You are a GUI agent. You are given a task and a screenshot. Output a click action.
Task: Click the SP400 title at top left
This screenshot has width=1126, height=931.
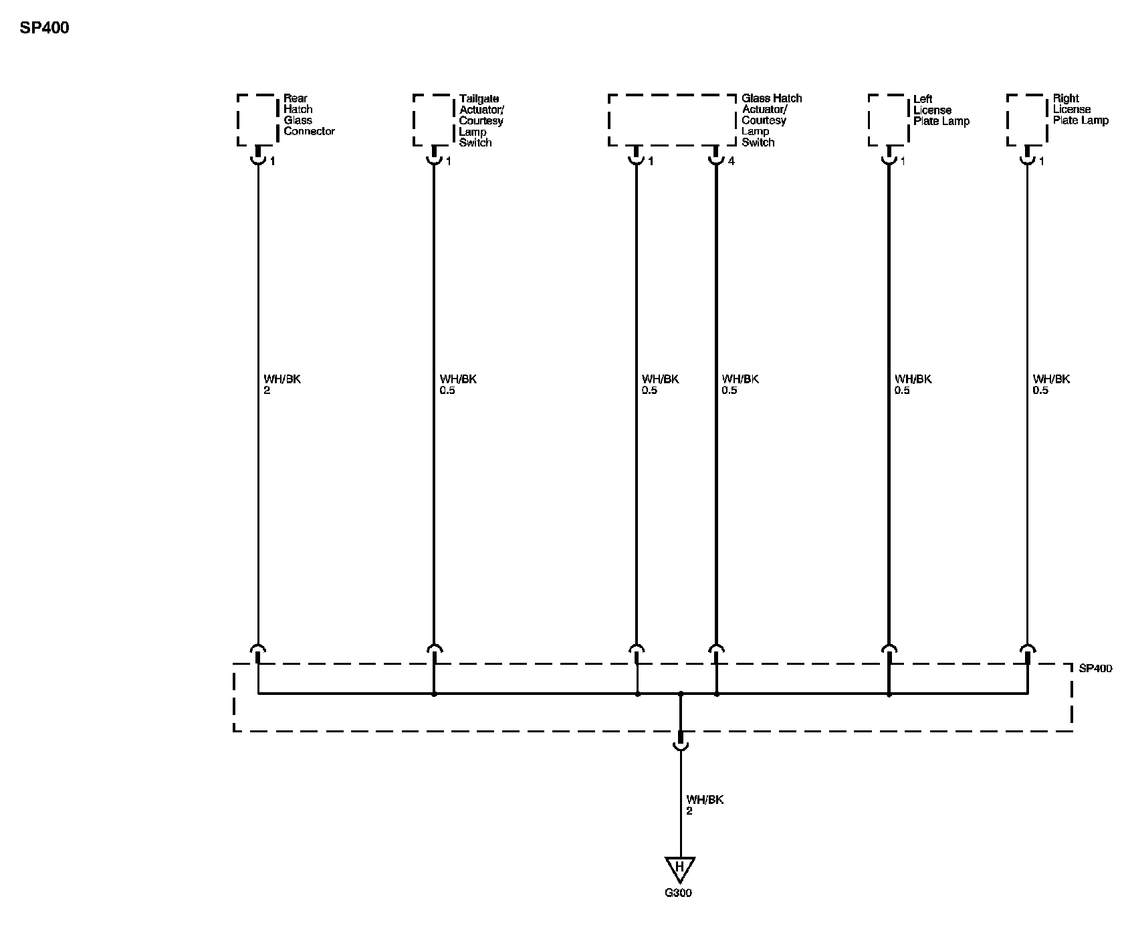(44, 28)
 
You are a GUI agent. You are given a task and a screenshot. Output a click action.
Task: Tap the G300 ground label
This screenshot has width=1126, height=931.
(679, 893)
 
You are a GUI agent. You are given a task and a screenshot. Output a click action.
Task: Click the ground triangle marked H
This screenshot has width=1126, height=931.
(680, 869)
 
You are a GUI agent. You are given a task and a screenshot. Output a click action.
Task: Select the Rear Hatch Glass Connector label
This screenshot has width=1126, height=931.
(308, 114)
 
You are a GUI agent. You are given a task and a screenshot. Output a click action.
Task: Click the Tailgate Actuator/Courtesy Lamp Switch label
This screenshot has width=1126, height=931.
(481, 120)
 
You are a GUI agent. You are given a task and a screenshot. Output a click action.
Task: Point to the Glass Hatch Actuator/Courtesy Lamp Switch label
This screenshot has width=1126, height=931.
(771, 120)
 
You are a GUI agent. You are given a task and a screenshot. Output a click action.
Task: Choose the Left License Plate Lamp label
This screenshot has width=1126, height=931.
(941, 110)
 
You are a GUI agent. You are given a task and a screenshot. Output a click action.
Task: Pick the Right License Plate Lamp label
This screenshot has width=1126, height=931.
(1080, 109)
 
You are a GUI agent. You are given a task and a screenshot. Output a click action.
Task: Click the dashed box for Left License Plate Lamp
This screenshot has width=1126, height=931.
(888, 120)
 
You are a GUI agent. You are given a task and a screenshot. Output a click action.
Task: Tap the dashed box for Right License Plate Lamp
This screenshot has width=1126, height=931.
(1026, 120)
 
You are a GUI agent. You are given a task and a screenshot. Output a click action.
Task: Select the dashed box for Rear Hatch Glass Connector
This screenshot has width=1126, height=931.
(257, 120)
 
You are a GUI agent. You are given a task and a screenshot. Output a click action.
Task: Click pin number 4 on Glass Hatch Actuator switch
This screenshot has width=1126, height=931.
(731, 161)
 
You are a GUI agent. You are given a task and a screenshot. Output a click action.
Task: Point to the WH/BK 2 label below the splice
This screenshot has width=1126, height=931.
(704, 805)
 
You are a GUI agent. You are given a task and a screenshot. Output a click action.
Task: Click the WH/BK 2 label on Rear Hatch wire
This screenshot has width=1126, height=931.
(282, 384)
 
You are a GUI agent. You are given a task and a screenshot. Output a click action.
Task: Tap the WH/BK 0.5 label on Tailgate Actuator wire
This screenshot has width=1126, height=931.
(458, 384)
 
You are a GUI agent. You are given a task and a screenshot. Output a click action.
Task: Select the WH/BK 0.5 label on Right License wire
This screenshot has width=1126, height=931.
(1051, 384)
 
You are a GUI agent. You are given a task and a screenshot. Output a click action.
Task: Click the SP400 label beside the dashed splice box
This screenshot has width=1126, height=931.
(1095, 668)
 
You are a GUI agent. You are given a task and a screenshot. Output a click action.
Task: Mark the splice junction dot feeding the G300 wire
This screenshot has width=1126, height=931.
(681, 694)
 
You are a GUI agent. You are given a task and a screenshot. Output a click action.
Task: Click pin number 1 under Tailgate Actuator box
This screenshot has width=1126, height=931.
(448, 161)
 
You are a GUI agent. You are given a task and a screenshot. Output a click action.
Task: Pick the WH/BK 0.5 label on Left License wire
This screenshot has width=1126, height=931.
(913, 384)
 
